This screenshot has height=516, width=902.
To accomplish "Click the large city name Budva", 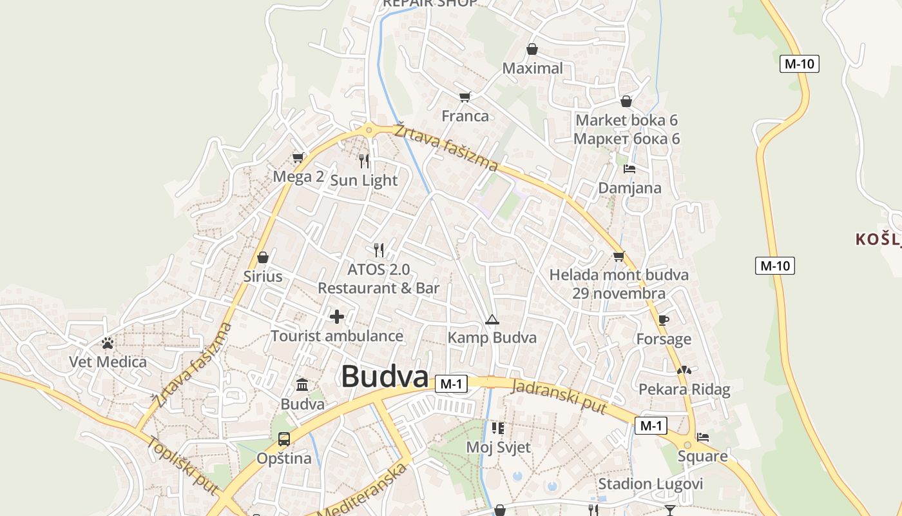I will (x=385, y=376).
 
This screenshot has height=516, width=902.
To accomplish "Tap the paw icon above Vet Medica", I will (x=108, y=343).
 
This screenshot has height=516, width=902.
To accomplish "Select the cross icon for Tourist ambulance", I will (x=337, y=317).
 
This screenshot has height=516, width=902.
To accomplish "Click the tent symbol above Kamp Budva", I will (x=492, y=319).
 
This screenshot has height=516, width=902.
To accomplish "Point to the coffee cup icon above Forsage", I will (x=664, y=320).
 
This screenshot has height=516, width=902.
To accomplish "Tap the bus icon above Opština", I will (x=284, y=439).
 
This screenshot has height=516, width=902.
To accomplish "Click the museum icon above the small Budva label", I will (x=302, y=385).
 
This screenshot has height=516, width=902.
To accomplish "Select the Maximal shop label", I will (x=532, y=68).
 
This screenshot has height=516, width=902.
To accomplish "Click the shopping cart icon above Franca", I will (x=465, y=97).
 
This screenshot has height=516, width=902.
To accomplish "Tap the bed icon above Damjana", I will (x=629, y=169).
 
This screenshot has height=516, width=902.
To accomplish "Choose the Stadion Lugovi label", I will (x=651, y=484).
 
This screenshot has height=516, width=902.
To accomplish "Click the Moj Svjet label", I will (x=498, y=447).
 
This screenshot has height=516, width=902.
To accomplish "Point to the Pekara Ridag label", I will (x=684, y=389).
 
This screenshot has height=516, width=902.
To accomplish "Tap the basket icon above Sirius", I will (x=263, y=257).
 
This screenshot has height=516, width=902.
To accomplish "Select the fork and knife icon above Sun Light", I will (x=365, y=161).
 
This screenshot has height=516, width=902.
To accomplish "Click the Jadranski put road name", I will (x=559, y=396).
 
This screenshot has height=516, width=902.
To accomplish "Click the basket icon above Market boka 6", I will (x=626, y=101).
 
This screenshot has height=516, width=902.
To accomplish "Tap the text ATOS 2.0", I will (x=378, y=269).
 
